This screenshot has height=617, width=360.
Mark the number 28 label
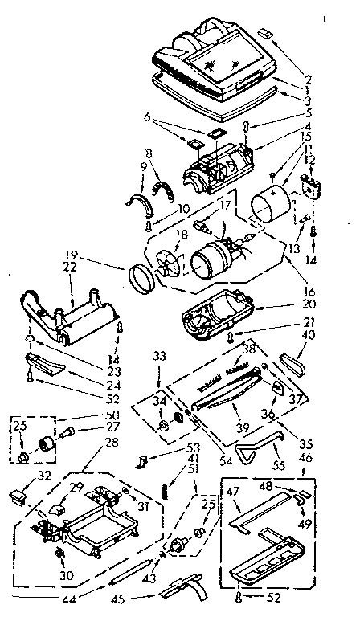(x=112, y=443)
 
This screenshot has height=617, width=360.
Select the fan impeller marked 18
(x=171, y=264)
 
